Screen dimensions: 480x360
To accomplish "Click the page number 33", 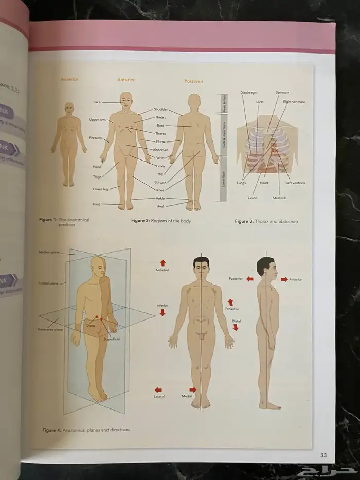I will (323, 455).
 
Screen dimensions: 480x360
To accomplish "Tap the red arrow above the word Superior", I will (163, 263).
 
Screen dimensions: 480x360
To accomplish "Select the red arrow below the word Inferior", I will (163, 312).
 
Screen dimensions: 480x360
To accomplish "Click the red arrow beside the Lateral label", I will (159, 389).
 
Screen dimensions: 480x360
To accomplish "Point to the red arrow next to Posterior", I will (249, 279).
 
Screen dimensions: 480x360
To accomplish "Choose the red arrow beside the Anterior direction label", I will (284, 279).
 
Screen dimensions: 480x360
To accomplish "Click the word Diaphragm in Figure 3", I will (248, 93).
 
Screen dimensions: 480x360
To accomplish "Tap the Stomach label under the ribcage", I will (280, 198).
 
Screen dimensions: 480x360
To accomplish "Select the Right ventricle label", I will (294, 102).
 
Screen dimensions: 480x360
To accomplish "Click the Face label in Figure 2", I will (97, 102).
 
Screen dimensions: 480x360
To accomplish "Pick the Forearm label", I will (95, 138).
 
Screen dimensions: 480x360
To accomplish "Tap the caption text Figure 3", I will (244, 221).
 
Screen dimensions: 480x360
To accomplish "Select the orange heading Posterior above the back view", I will (194, 81).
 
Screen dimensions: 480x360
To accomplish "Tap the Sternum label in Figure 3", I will (282, 93).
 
